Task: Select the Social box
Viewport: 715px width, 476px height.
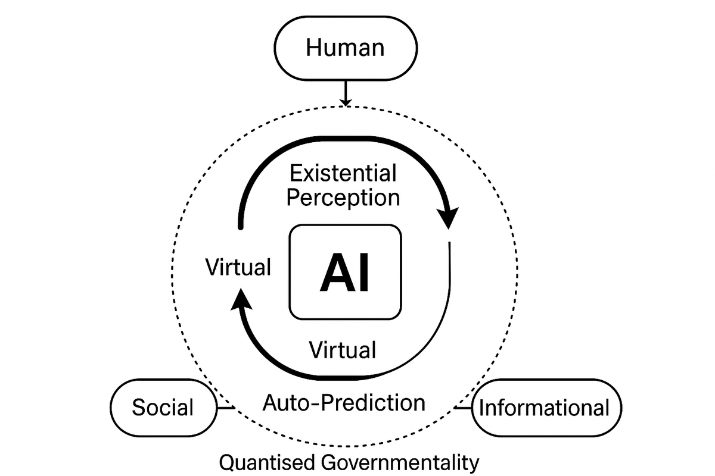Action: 163,408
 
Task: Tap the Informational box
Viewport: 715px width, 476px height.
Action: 546,408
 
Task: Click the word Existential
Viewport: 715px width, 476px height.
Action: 343,174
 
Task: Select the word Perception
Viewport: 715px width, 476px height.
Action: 343,197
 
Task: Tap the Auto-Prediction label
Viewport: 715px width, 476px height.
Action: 344,403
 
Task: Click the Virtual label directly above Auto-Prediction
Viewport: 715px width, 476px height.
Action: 343,349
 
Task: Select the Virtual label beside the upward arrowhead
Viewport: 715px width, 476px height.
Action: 238,267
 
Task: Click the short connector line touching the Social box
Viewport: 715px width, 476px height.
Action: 225,408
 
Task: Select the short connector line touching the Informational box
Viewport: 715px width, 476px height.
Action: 463,408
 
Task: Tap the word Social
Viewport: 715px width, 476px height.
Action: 163,408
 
